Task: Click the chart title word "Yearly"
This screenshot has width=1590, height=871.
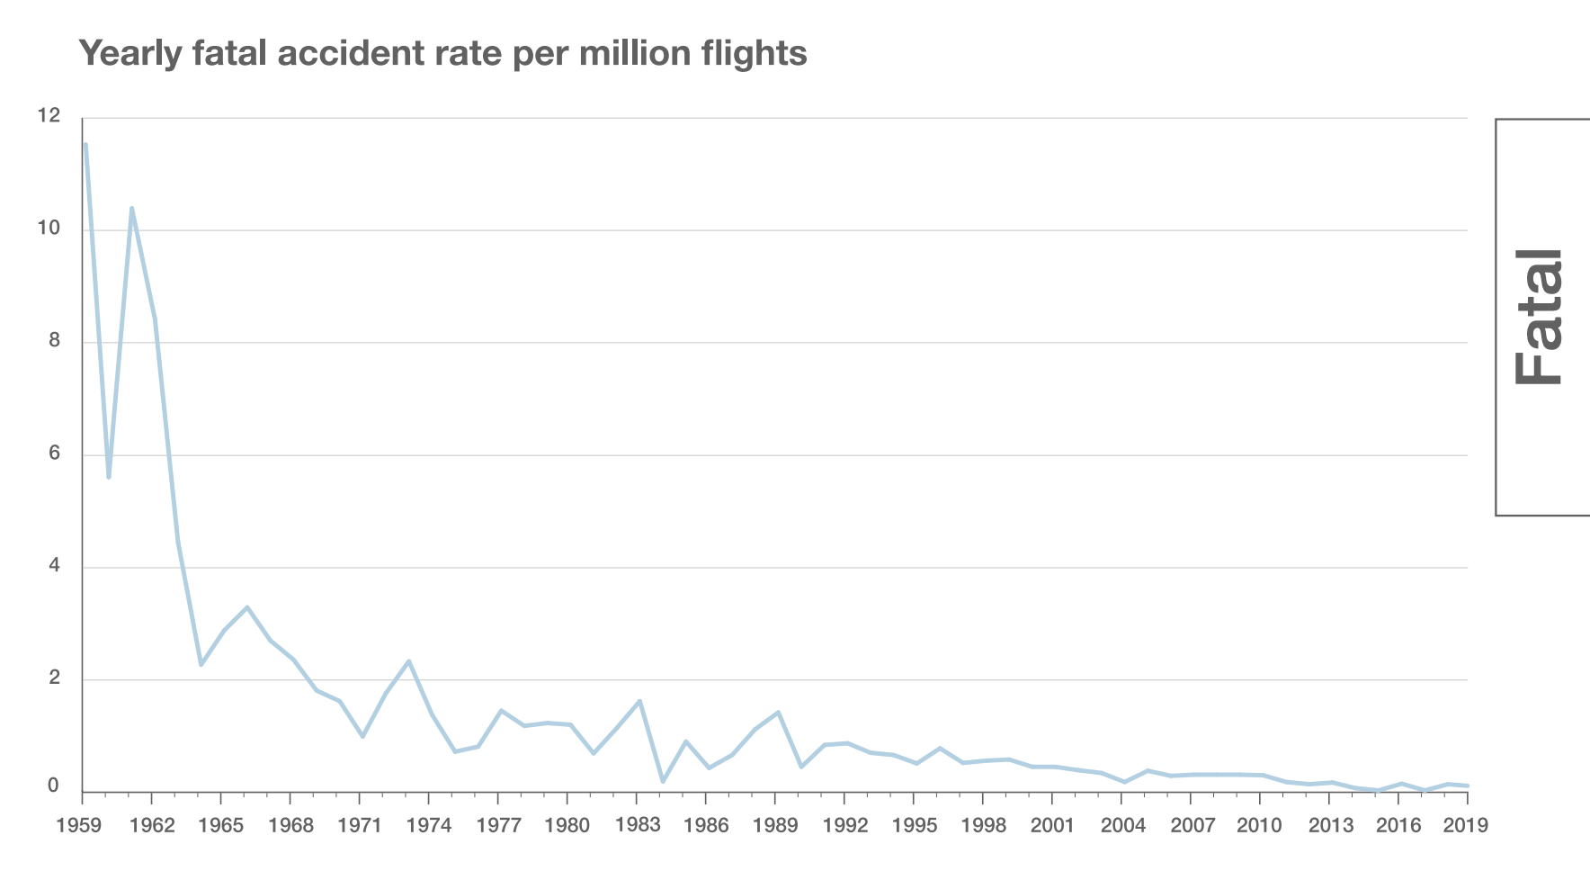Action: click(130, 54)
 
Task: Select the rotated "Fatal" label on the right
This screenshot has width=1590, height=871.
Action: click(1539, 317)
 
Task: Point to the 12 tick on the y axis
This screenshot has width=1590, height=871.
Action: click(49, 116)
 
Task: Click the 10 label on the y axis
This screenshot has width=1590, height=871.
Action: click(49, 229)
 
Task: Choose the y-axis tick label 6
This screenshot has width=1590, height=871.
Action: click(54, 453)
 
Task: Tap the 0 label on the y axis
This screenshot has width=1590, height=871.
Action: click(54, 786)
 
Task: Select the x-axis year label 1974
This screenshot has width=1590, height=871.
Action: click(429, 826)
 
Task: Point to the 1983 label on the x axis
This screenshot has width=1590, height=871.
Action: click(637, 825)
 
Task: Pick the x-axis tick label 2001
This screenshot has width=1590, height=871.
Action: click(1052, 826)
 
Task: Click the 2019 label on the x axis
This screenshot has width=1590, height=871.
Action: click(1466, 826)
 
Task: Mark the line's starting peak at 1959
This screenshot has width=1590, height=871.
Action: click(85, 145)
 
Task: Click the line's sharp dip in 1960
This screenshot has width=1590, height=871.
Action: click(109, 477)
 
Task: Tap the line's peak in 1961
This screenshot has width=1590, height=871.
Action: click(131, 209)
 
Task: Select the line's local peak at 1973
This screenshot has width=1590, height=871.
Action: click(409, 661)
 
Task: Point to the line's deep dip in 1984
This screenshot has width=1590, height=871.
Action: click(663, 781)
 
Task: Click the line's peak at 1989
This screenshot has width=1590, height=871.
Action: click(778, 713)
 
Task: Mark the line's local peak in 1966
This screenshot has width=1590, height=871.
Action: click(247, 607)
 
